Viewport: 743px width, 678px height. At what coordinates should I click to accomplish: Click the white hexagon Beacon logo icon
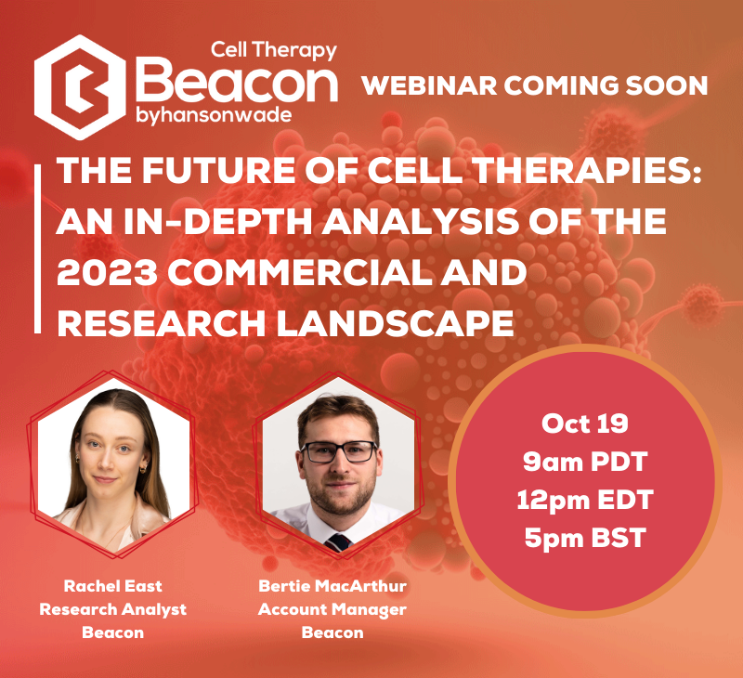[80, 87]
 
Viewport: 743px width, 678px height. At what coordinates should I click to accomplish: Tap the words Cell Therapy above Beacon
[273, 50]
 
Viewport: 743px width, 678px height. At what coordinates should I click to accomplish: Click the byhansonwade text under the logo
[214, 116]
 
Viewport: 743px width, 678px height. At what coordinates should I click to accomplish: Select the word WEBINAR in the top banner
[429, 85]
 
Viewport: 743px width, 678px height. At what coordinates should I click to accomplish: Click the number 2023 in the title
[107, 272]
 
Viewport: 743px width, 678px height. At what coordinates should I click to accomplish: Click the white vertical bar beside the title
[37, 249]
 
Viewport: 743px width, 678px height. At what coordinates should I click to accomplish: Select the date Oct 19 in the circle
[585, 424]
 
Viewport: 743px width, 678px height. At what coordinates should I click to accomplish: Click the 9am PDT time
[585, 462]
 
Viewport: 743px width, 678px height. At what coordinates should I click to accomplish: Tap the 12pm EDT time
[585, 500]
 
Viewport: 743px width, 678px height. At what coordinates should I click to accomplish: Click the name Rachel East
[112, 586]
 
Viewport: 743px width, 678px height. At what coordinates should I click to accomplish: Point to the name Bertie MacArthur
[332, 586]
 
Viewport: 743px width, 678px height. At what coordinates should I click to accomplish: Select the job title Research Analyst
[112, 609]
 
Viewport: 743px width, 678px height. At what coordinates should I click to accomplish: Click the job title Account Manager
[332, 609]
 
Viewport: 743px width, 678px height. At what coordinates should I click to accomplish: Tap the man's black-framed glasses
[339, 452]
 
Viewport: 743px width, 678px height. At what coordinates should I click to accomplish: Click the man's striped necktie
[338, 542]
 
